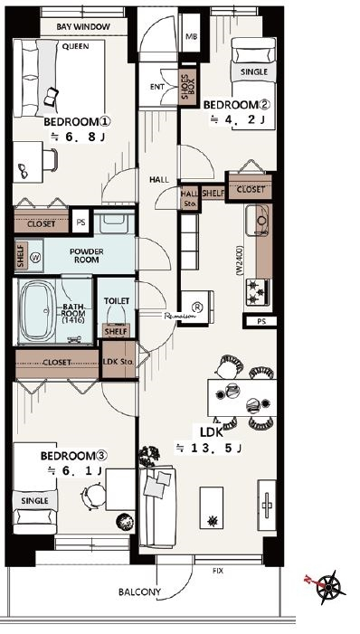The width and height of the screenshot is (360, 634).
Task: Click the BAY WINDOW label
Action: coord(83,27)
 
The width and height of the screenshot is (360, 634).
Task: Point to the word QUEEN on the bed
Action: coord(75,46)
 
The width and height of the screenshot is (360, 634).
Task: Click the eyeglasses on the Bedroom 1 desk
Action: coord(24,171)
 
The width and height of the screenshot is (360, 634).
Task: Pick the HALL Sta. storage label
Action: coord(189,197)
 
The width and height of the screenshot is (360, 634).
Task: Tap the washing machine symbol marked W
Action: coord(36,256)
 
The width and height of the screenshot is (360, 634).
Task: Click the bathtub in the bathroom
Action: coord(37,310)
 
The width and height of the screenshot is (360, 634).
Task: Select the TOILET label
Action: coord(117,301)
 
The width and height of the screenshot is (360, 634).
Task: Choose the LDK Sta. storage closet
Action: coord(118,360)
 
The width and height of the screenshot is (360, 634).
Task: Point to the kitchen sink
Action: coord(258,221)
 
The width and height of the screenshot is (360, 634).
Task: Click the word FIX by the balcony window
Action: coord(218,572)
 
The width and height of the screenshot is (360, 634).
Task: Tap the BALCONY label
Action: coord(139,592)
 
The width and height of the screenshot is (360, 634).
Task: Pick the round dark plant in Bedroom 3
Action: coord(123,521)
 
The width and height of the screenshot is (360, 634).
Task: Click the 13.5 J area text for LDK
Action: coord(208,448)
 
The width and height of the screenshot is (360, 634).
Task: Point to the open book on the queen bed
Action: coord(52,97)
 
